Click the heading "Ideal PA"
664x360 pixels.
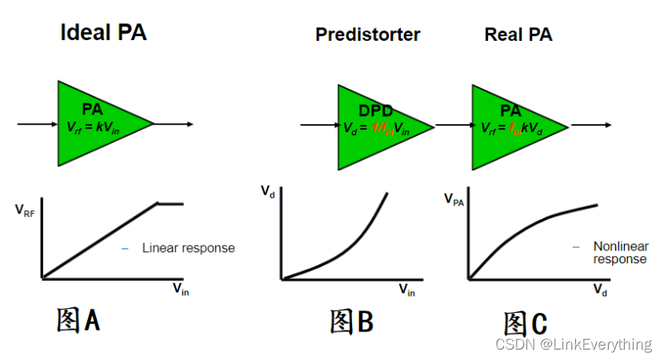(103, 33)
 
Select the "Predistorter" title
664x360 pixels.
(367, 34)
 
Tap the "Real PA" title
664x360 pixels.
(518, 34)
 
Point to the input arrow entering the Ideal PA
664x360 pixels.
(37, 124)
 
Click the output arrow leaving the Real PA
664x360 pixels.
(592, 125)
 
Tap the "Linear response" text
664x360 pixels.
(188, 248)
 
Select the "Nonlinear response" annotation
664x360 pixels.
(619, 253)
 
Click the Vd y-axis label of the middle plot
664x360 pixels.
(267, 191)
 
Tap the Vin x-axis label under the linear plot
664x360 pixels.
(181, 290)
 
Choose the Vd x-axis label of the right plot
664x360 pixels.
(600, 290)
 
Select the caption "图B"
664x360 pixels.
(351, 322)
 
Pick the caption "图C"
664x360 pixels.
(526, 324)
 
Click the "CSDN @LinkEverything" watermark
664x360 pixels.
(574, 345)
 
